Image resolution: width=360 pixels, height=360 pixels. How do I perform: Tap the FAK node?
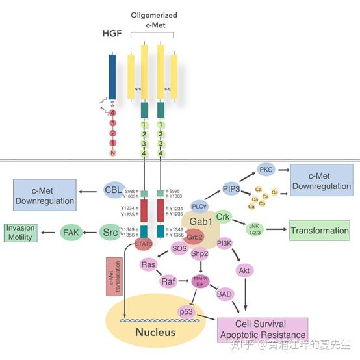click(71, 232)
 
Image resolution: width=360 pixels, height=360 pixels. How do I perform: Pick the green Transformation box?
click(319, 230)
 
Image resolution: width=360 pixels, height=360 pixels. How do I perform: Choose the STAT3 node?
click(144, 244)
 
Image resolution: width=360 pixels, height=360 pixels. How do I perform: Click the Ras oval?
click(149, 265)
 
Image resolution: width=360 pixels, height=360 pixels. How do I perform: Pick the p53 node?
click(187, 312)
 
